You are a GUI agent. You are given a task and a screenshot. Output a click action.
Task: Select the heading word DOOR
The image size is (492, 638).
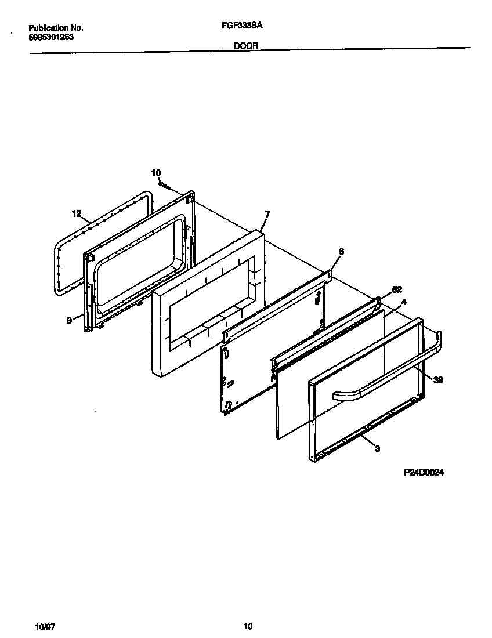click(x=246, y=46)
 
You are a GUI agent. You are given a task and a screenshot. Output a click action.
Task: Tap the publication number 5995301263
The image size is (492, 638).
click(x=51, y=37)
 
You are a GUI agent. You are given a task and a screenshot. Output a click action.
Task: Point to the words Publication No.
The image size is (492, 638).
click(x=56, y=28)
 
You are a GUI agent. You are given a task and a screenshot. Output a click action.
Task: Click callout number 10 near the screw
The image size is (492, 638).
click(x=155, y=173)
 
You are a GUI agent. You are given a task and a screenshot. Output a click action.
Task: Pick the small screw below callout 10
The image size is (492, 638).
click(x=164, y=186)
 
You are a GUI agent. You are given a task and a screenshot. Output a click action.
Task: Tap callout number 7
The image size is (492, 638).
click(x=266, y=214)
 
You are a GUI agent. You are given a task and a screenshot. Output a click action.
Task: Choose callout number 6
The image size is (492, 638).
click(x=341, y=251)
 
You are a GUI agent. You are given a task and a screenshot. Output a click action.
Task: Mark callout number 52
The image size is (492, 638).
click(x=397, y=289)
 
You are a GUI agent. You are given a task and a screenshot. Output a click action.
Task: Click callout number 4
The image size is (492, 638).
click(x=403, y=302)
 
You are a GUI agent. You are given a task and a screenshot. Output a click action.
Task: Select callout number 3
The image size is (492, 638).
click(x=378, y=448)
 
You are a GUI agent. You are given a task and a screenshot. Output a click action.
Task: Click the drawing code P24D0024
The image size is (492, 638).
click(x=424, y=473)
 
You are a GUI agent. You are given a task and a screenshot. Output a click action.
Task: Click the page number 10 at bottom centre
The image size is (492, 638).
click(x=248, y=626)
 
